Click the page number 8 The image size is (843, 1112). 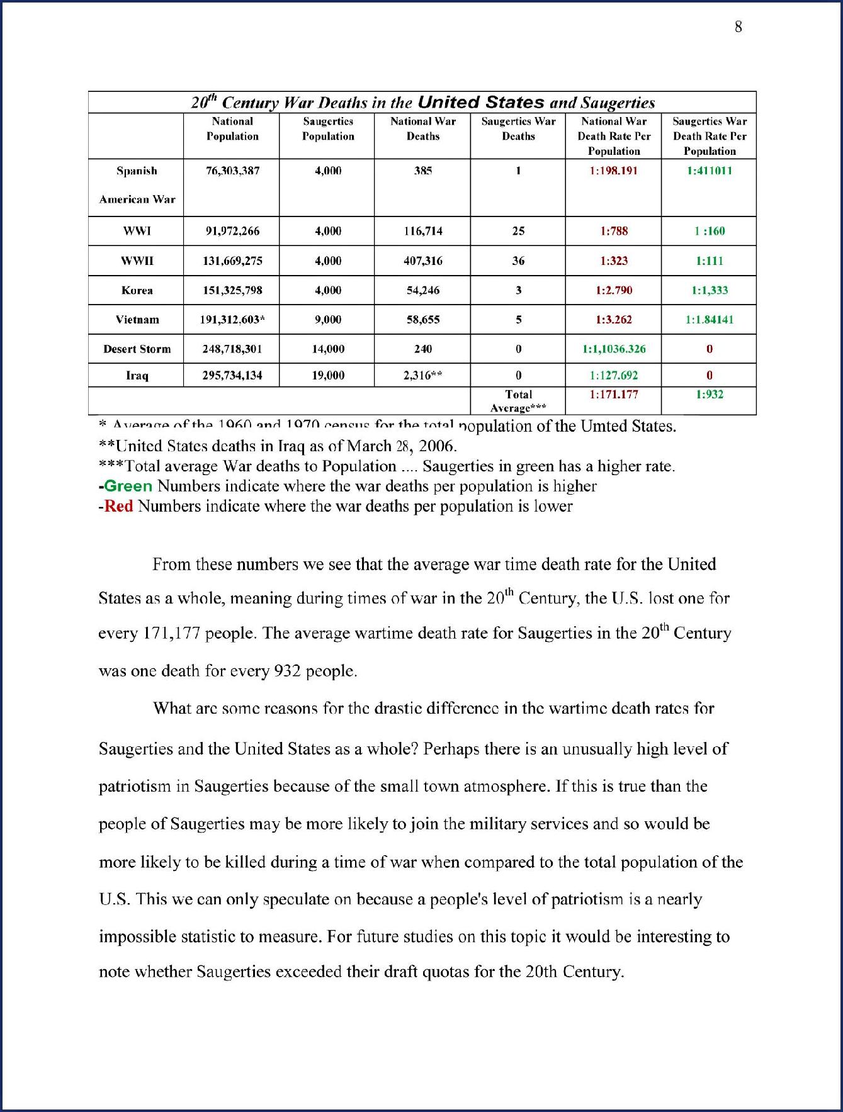(x=738, y=26)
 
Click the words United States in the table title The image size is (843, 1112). (x=481, y=103)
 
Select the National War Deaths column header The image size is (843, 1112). (x=422, y=128)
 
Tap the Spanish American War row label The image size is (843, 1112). (x=137, y=185)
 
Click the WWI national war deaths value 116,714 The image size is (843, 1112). (x=422, y=231)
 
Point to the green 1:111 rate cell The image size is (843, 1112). (x=709, y=261)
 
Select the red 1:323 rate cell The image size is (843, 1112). (x=613, y=261)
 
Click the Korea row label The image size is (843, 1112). (x=137, y=290)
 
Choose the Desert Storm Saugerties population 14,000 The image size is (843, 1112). (x=327, y=349)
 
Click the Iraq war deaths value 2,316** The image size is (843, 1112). (x=422, y=376)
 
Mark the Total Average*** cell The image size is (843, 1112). (x=518, y=400)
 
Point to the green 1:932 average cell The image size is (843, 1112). (x=709, y=395)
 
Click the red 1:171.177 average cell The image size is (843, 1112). (x=613, y=395)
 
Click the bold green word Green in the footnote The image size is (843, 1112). (x=128, y=486)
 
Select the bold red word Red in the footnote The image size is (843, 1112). (x=118, y=506)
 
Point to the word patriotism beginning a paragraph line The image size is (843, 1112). (x=135, y=787)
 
